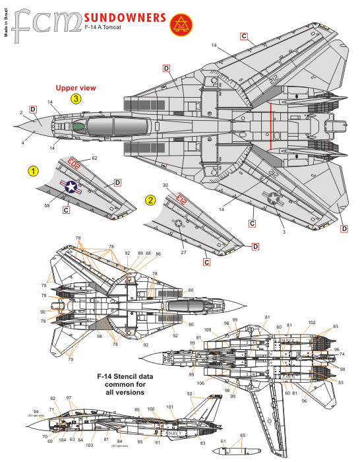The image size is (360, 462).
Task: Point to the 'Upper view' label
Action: click(x=76, y=87)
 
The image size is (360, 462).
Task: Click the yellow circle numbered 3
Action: click(x=77, y=100)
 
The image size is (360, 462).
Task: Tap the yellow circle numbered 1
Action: click(x=33, y=172)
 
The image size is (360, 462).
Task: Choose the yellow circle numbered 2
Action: click(x=151, y=200)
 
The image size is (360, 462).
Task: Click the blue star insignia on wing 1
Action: click(x=70, y=187)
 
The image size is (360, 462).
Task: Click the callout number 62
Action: click(x=94, y=158)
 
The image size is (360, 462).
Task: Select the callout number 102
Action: click(x=312, y=323)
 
